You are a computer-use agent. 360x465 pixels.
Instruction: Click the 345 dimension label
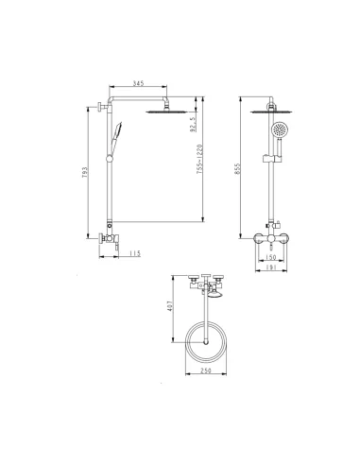click(138, 83)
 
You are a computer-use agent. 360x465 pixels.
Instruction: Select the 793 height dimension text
click(85, 172)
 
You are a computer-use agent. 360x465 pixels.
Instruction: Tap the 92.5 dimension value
click(193, 124)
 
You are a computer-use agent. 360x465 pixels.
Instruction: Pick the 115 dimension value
click(134, 253)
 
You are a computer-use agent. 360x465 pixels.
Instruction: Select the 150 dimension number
click(270, 257)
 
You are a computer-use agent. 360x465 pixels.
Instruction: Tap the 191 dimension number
click(270, 267)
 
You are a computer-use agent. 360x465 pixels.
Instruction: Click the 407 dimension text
click(170, 306)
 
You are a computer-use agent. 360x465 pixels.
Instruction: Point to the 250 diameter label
click(206, 370)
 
